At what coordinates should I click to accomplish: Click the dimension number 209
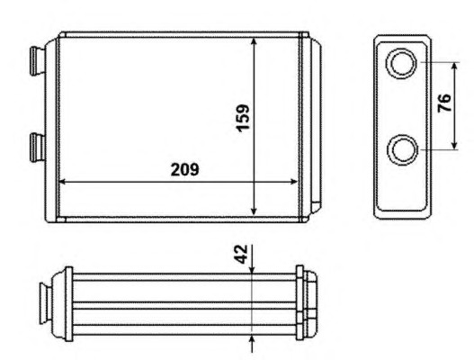[184, 169]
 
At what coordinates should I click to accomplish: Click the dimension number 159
[243, 118]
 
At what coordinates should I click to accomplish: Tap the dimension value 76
[444, 103]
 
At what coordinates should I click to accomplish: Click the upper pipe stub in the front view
[37, 60]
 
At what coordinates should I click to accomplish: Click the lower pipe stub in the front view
[37, 148]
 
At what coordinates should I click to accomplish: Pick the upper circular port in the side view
[402, 64]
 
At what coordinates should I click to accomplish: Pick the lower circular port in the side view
[403, 149]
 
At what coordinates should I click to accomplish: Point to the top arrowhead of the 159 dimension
[254, 41]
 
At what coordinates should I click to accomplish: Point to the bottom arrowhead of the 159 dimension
[254, 211]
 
